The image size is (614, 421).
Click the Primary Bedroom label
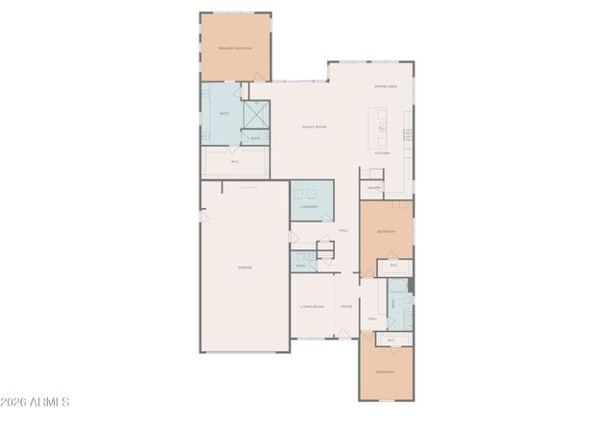pos(235,47)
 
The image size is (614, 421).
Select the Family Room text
pos(316,126)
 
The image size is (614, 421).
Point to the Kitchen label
pos(382,153)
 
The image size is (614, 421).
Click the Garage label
pos(245,268)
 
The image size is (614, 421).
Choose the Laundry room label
pos(309,206)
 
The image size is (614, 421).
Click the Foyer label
pos(346,307)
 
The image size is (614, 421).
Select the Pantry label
pos(373,188)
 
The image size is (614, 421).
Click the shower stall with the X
pos(255,115)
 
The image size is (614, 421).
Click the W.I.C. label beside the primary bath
pos(235,162)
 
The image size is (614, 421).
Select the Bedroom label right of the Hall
pos(386,232)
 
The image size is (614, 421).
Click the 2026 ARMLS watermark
pos(35,402)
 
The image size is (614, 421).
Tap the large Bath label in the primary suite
pos(224,114)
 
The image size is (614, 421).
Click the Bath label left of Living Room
pos(300,265)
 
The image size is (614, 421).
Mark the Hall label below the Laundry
pos(343,231)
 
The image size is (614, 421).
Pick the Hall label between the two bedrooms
pos(371,318)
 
